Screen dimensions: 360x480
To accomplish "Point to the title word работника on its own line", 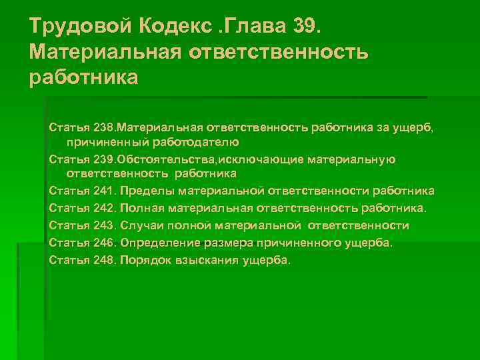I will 84,77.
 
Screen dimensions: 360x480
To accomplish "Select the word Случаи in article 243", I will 141,226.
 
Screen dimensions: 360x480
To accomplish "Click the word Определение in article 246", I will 156,243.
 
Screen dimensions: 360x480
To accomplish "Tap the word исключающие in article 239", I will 255,159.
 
